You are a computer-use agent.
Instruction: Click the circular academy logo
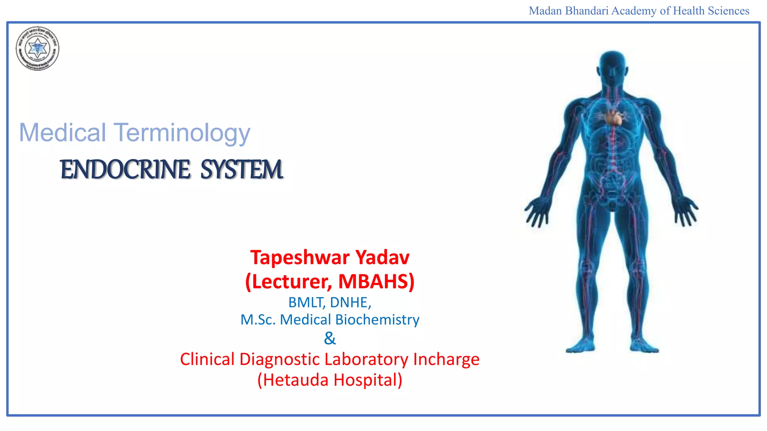point(37,49)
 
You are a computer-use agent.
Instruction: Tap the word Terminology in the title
point(182,133)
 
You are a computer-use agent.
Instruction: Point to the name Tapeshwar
point(300,257)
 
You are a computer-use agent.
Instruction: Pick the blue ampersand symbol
point(330,338)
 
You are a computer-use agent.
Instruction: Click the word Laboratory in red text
point(366,359)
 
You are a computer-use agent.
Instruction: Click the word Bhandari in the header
point(586,11)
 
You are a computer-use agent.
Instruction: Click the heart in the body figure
point(613,117)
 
